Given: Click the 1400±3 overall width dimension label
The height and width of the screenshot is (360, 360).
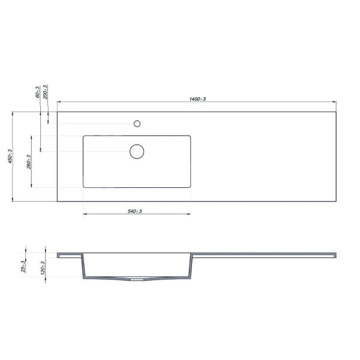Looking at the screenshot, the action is coord(197,99).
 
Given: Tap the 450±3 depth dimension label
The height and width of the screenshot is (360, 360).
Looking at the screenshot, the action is coord(10,157).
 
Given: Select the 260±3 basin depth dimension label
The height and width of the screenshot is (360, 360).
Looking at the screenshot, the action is coord(29,162).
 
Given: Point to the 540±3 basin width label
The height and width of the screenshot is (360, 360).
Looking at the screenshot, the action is coord(135,211).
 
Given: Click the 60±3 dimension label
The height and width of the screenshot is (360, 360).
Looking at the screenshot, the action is coord(37,92).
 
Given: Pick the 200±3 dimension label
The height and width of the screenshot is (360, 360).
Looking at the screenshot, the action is coord(45,92).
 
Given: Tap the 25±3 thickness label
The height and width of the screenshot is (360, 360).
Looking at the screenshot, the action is coord(23,266).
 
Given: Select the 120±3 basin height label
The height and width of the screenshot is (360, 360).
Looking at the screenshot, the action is coord(43,268).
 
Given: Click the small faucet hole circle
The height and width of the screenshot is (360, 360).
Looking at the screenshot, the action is coord(137,124).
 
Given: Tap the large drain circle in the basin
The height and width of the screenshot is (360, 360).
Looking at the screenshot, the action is coord(137,152).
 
